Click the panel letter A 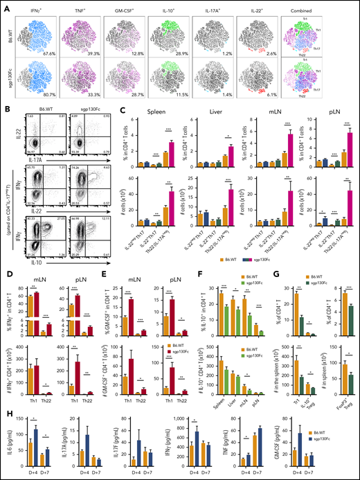(x=4, y=5)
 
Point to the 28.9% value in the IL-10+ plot (x=184, y=52)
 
